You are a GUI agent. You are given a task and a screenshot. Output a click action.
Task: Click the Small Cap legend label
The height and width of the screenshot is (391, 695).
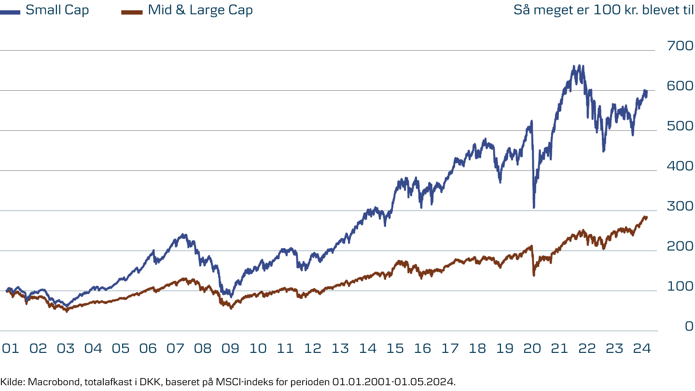tap(57, 10)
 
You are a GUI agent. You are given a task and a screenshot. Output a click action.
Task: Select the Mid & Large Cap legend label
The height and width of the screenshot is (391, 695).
tap(200, 10)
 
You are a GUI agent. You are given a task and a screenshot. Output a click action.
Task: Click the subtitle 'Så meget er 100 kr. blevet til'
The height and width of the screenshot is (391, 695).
tap(603, 10)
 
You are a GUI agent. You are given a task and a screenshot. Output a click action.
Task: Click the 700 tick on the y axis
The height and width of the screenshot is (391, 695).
tap(680, 46)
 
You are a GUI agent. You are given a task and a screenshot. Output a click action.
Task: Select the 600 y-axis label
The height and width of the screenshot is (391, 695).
tap(680, 86)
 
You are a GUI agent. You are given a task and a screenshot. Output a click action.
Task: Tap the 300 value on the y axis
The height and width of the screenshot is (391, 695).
tap(680, 207)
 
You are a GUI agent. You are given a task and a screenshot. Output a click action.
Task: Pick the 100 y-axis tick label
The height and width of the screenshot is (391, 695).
tap(680, 287)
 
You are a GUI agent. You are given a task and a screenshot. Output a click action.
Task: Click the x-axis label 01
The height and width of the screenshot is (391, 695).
tap(10, 349)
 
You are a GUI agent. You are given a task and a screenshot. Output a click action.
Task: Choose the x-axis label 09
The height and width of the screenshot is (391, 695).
tap(230, 349)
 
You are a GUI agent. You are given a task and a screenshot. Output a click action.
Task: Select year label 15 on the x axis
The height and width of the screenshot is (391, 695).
tap(395, 349)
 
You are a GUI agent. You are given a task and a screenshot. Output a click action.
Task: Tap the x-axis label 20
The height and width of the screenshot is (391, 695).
tap(532, 349)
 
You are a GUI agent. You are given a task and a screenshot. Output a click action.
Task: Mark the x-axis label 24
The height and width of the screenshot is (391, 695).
tap(642, 349)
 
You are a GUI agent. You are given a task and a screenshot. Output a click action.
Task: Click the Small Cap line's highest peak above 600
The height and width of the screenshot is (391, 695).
tap(574, 66)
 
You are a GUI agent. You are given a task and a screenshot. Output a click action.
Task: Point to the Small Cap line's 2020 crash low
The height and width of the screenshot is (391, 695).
tap(534, 208)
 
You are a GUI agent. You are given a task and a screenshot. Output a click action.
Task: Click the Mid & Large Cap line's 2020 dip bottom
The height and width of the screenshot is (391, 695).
tap(533, 276)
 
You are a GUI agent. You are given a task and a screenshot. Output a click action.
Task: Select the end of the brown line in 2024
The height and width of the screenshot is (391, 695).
tap(647, 218)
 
